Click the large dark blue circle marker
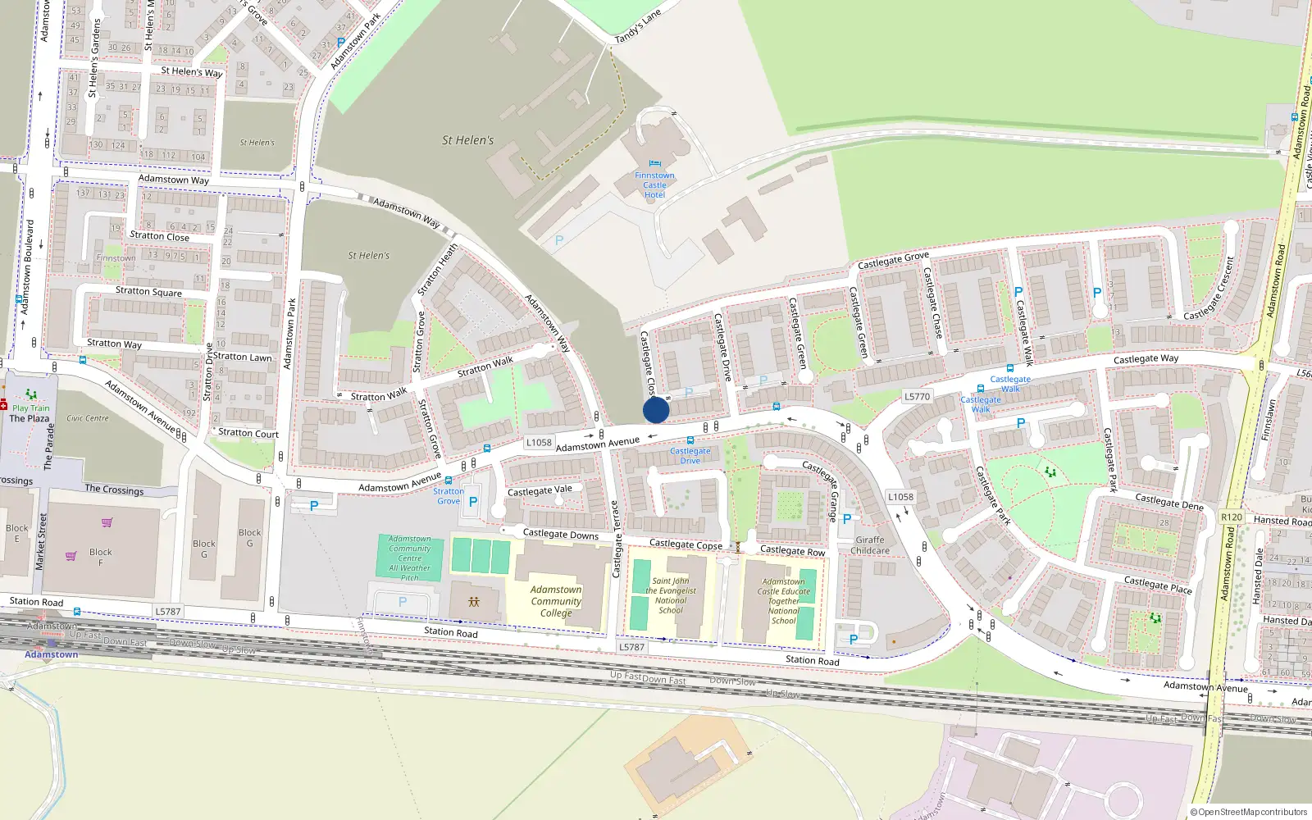pos(656,410)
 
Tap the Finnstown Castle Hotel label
pos(654,185)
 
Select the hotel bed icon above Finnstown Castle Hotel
pos(654,164)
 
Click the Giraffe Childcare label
pos(870,545)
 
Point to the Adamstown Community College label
pos(556,601)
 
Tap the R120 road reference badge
pos(1231,517)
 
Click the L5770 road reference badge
pos(917,396)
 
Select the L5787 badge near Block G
pos(167,612)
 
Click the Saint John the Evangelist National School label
pos(671,595)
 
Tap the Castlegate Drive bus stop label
pos(690,455)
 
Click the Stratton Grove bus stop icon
pos(448,480)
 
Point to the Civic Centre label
pos(88,418)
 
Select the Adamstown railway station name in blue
pos(51,654)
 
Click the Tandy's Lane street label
pos(637,28)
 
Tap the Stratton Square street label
pos(148,291)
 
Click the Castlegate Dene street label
pos(1168,501)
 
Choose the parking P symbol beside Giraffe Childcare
pos(847,518)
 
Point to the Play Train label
pos(31,408)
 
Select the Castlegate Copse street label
pos(686,544)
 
